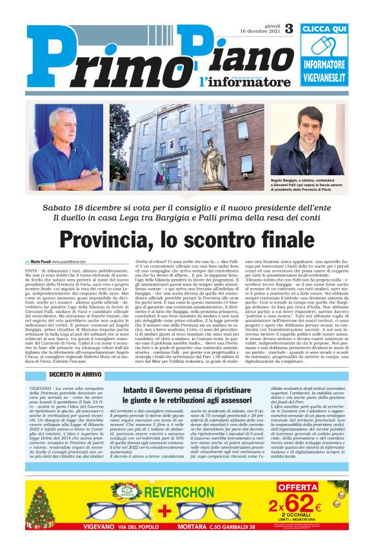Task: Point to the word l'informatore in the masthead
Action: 235,82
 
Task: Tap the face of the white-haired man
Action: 65,122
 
